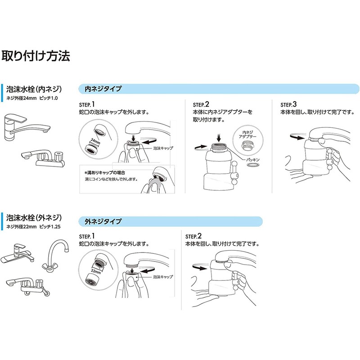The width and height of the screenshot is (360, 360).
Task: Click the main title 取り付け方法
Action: (36, 56)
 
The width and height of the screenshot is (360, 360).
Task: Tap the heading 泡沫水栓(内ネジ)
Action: (34, 89)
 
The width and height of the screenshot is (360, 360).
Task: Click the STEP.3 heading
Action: (289, 103)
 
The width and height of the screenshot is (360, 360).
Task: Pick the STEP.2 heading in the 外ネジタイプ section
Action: (194, 236)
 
